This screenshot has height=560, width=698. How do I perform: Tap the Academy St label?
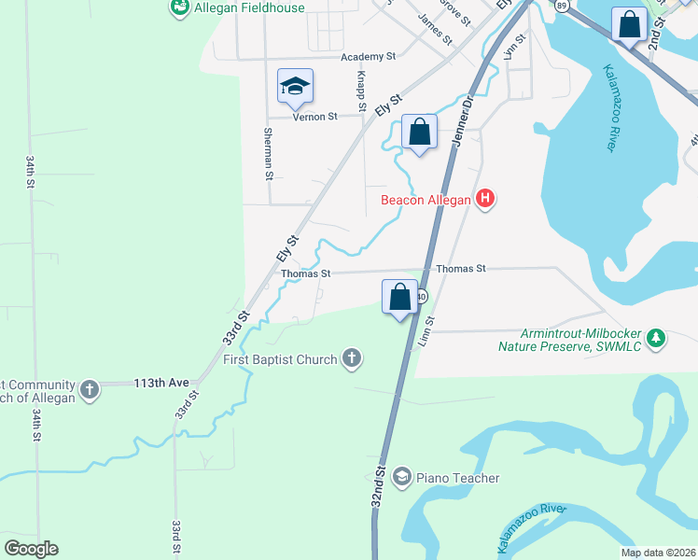(x=369, y=57)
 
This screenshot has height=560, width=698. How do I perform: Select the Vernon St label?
(x=314, y=117)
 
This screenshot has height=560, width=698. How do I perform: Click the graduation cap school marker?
(x=295, y=88)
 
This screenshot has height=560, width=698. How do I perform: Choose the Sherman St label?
(x=268, y=154)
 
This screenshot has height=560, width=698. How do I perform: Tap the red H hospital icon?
(x=484, y=198)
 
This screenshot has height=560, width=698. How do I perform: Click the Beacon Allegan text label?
(x=426, y=199)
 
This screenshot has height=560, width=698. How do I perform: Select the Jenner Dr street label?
(x=464, y=120)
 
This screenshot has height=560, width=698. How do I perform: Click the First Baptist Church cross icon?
(x=352, y=358)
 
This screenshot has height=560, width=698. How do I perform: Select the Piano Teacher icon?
(x=402, y=478)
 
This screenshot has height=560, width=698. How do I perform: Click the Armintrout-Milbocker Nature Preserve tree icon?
(x=657, y=338)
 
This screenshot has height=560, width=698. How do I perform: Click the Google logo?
(x=31, y=549)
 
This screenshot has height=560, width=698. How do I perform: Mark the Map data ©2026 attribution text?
(x=657, y=553)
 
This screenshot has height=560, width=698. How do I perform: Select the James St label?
(x=435, y=30)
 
